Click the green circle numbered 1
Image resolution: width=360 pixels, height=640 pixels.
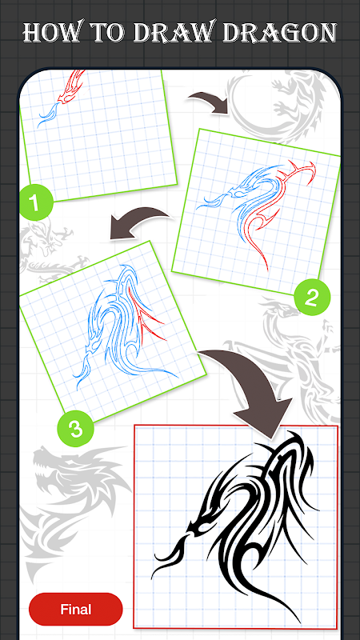coord(36,202)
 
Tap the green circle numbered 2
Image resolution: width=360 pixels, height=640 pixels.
coord(311,298)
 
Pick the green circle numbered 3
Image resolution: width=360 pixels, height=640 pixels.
coord(75,429)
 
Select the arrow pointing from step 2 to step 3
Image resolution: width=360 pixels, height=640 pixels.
coord(139,222)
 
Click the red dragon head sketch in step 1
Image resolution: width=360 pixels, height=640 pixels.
coord(71,86)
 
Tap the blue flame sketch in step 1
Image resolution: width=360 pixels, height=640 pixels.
coord(48,114)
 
